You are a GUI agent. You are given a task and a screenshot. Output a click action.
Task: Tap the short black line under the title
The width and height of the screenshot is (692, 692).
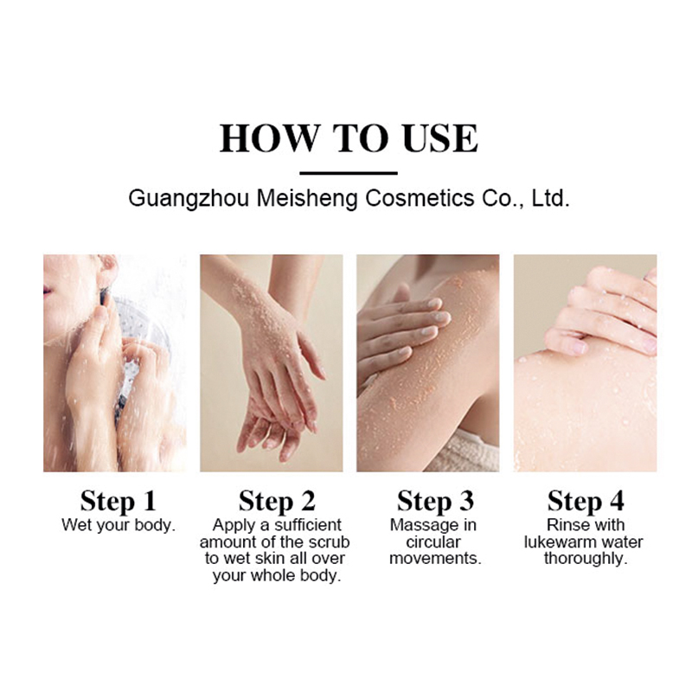coord(348,173)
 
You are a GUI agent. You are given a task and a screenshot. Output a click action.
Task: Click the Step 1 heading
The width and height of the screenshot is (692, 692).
coord(118,501)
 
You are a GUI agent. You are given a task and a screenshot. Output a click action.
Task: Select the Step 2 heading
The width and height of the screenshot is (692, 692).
coord(275,501)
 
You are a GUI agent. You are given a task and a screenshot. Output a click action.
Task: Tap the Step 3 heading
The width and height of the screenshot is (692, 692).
coord(434,501)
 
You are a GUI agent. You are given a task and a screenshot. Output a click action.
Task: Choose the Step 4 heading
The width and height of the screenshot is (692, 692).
coord(585,501)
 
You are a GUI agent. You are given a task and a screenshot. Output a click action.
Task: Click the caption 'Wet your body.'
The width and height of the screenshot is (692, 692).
coord(118,525)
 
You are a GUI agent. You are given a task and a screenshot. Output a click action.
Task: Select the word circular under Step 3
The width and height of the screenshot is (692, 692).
coord(434,542)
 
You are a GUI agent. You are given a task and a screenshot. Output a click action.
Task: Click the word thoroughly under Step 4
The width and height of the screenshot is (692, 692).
coord(585,559)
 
